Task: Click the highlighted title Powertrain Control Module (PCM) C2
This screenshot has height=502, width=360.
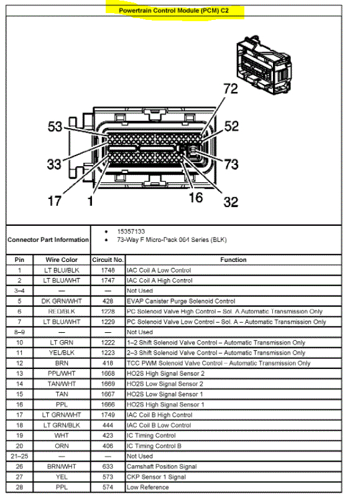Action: (173, 10)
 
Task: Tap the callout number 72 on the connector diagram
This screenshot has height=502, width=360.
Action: (231, 89)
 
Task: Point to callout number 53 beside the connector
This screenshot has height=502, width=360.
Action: (55, 126)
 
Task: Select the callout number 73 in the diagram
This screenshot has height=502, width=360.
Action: (231, 164)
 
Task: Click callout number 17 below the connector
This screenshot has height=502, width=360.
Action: (54, 201)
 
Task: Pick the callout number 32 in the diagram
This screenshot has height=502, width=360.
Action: (231, 202)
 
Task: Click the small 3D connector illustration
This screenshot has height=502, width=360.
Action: (264, 65)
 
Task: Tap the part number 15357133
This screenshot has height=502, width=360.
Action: (131, 231)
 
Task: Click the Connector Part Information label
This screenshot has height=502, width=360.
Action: (48, 239)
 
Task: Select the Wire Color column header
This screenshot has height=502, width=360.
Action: (62, 259)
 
